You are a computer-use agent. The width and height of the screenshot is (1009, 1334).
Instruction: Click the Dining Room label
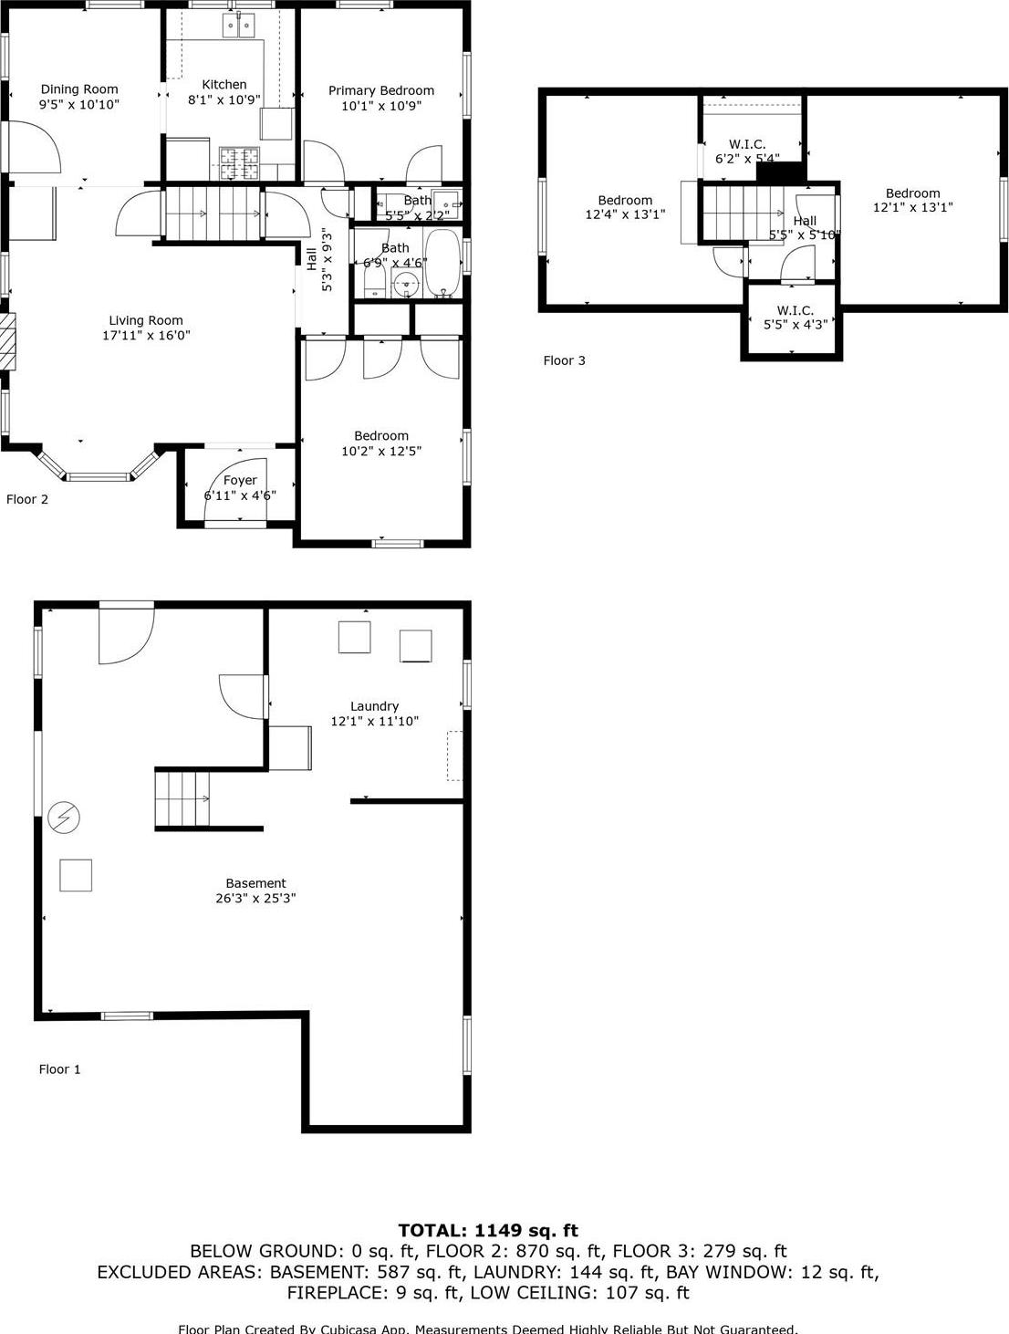pyautogui.click(x=79, y=89)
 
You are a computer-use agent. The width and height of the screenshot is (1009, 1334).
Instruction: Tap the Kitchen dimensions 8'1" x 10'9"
pyautogui.click(x=224, y=99)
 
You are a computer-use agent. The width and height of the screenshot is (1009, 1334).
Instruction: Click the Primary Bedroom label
pyautogui.click(x=381, y=90)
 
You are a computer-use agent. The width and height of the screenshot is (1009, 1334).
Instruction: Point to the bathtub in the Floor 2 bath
pyautogui.click(x=443, y=265)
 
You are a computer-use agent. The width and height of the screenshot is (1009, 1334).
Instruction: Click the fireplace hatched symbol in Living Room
pyautogui.click(x=7, y=342)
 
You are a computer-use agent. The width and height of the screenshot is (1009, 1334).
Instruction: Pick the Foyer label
pyautogui.click(x=240, y=480)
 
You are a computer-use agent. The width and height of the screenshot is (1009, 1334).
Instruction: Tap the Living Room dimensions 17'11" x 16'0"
pyautogui.click(x=146, y=335)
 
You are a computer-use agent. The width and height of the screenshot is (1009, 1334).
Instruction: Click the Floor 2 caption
pyautogui.click(x=27, y=499)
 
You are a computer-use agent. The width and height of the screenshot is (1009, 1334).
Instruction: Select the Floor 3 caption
pyautogui.click(x=565, y=360)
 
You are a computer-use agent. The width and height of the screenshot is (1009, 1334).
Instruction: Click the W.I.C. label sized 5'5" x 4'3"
pyautogui.click(x=795, y=310)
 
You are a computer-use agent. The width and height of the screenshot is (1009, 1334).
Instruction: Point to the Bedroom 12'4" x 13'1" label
pyautogui.click(x=625, y=201)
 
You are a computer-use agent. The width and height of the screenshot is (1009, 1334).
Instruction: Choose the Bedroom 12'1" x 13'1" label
pyautogui.click(x=912, y=193)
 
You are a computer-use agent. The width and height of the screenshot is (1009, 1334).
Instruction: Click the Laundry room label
pyautogui.click(x=374, y=706)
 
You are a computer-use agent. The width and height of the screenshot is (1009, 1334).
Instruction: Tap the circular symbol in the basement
pyautogui.click(x=64, y=818)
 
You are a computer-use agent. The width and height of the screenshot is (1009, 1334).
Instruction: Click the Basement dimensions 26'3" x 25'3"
pyautogui.click(x=255, y=898)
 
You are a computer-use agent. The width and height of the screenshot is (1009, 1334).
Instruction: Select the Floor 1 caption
pyautogui.click(x=59, y=1069)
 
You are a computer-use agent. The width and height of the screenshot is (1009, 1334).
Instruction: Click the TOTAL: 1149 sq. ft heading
pyautogui.click(x=488, y=1230)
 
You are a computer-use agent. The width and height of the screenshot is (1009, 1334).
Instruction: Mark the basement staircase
pyautogui.click(x=182, y=798)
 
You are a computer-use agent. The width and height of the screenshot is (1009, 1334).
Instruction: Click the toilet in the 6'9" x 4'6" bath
pyautogui.click(x=375, y=282)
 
